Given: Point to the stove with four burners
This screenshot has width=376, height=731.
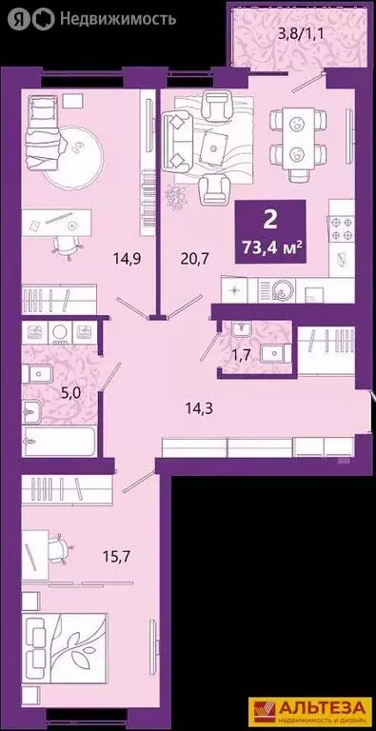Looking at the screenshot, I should pos(341,229).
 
